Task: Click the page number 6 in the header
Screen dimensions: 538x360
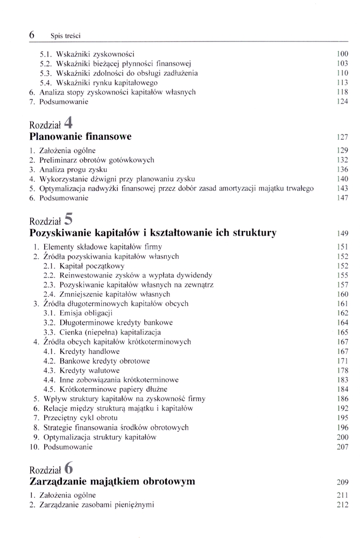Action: coord(32,35)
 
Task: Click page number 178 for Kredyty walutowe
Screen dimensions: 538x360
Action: coord(342,371)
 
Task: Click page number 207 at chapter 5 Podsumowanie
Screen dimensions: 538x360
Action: coord(342,447)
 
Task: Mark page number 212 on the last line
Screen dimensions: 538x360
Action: coord(342,505)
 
